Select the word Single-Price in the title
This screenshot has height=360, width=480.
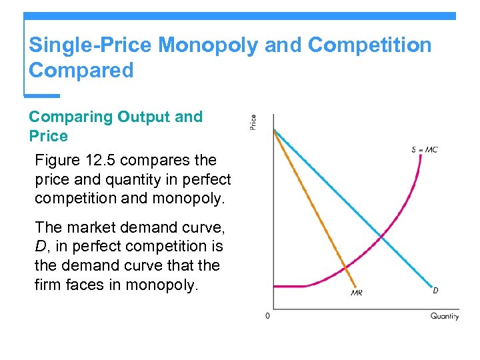(91, 45)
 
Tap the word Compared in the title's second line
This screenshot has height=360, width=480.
(81, 70)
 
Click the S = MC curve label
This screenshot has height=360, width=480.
(424, 150)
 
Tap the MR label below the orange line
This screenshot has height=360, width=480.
(356, 293)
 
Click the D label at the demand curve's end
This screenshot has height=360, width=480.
(435, 290)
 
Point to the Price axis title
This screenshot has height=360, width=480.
(253, 122)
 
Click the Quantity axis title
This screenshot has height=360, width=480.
(444, 316)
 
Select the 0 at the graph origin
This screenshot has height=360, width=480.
(267, 316)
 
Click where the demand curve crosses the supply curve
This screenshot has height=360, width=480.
(381, 236)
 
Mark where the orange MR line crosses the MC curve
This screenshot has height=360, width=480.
(345, 268)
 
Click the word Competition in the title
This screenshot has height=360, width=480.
(370, 45)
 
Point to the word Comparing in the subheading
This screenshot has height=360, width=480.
(71, 117)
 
